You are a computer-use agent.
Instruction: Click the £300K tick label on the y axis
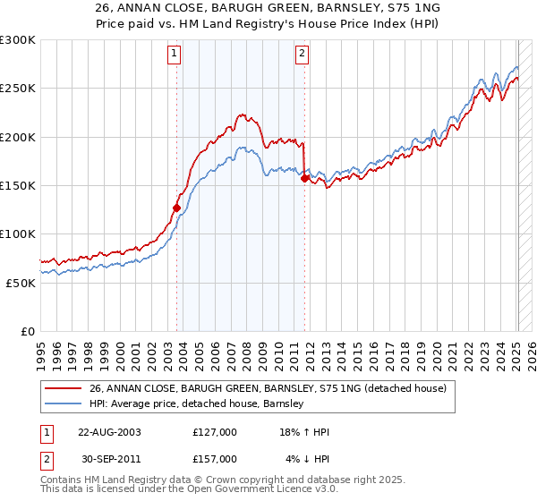click(18, 40)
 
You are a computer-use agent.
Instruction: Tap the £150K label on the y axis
click(18, 186)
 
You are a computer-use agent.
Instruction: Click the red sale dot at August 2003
click(176, 208)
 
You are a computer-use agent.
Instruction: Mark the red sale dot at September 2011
click(304, 179)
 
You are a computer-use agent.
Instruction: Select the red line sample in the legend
click(63, 389)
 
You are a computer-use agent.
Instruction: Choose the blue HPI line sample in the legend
click(63, 404)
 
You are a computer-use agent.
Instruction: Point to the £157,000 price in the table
click(215, 459)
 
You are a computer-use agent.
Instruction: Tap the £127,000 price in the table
click(215, 432)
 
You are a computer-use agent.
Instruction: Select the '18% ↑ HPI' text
click(304, 432)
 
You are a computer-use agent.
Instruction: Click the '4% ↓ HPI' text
click(308, 459)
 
